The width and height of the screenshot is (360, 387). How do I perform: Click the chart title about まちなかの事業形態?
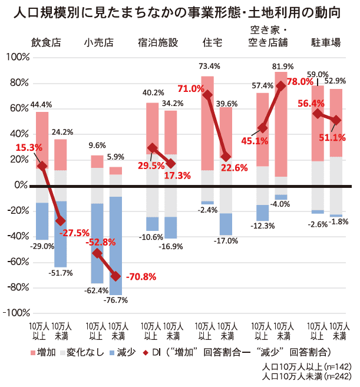[180, 11]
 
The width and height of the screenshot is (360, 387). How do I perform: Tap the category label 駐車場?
[326, 42]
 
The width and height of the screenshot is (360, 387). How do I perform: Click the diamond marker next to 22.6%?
[226, 157]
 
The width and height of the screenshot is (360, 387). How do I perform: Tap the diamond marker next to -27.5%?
[60, 220]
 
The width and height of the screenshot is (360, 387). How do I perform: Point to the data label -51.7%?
[60, 273]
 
